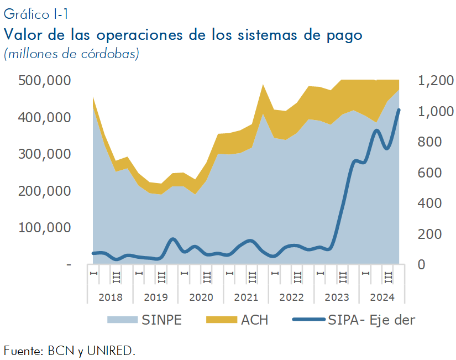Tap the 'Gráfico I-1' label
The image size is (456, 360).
(36, 14)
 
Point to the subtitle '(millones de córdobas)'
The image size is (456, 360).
(71, 54)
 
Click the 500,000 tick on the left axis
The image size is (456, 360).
(45, 80)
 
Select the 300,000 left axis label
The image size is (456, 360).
(45, 154)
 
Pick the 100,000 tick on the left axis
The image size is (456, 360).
(45, 228)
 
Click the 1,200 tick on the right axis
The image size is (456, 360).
(436, 80)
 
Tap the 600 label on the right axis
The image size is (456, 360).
(429, 173)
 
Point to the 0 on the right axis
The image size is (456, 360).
(421, 264)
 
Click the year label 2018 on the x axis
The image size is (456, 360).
(111, 297)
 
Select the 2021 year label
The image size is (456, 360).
(247, 297)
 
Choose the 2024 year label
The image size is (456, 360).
(382, 297)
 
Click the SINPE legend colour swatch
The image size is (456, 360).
(123, 320)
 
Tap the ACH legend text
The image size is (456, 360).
(254, 320)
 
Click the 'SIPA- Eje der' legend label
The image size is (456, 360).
(371, 320)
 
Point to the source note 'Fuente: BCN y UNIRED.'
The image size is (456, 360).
(70, 351)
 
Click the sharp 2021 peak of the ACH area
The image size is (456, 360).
(263, 85)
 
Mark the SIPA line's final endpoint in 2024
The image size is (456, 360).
(399, 110)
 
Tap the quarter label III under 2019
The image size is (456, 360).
(162, 278)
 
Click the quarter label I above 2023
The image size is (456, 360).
(320, 274)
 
